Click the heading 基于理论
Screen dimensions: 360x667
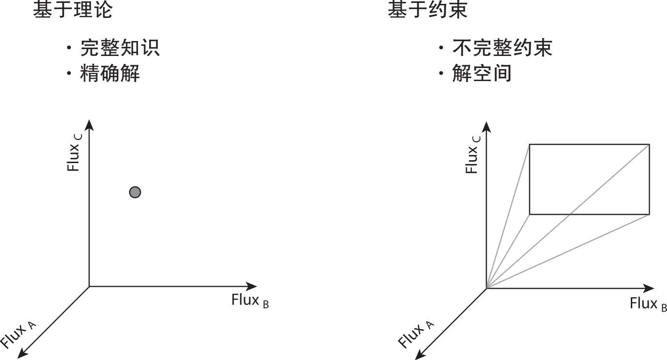coord(72,10)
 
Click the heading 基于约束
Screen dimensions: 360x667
coord(427,10)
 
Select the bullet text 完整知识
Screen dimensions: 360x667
coord(120,48)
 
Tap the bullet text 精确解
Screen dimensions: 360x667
coord(110,74)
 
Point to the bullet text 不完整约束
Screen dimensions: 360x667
coord(502,48)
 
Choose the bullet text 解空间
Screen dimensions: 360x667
coord(481,74)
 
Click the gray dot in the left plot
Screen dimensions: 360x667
coord(135,192)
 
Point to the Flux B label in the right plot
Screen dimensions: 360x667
coord(648,304)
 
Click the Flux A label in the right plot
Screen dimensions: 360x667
coord(416,334)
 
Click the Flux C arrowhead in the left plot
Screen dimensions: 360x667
coord(89,125)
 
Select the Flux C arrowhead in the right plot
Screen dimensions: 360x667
coord(486,127)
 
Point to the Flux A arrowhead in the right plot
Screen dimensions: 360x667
coord(419,355)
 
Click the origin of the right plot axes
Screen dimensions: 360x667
coord(486,289)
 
